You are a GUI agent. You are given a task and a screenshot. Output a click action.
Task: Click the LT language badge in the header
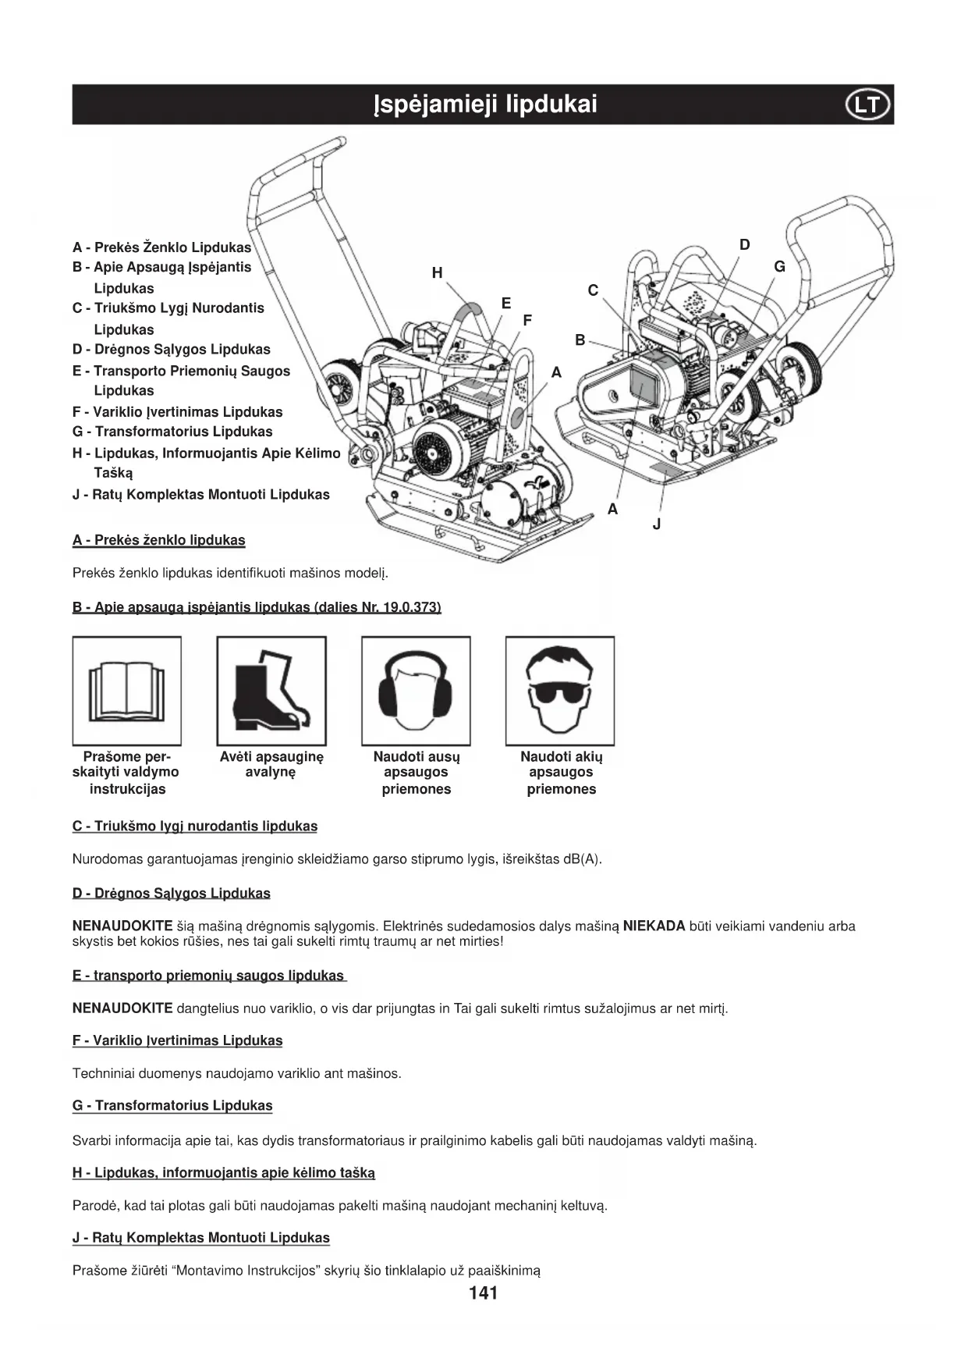(x=867, y=105)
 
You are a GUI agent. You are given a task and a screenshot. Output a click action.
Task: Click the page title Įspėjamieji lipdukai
(x=484, y=105)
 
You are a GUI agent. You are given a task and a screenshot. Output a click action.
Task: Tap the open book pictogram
(x=127, y=691)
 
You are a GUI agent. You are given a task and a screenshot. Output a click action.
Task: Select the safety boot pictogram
(x=271, y=691)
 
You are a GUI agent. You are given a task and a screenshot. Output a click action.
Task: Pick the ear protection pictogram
(x=416, y=691)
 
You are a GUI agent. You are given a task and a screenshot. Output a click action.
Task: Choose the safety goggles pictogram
(x=560, y=691)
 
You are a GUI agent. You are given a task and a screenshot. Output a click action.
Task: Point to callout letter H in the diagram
(x=437, y=272)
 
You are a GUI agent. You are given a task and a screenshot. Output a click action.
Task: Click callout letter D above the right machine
(x=745, y=245)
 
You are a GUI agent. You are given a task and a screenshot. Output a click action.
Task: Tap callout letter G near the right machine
(x=779, y=267)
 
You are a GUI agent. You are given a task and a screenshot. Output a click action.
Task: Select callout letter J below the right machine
(x=657, y=524)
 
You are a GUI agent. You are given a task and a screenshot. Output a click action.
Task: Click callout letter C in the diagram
(x=593, y=290)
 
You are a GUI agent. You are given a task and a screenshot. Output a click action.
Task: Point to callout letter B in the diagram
(x=580, y=340)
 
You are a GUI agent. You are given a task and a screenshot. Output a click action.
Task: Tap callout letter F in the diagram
(x=527, y=320)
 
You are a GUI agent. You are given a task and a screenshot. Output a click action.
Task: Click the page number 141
(x=484, y=1293)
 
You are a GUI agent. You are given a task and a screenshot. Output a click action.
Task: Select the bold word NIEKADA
(x=654, y=926)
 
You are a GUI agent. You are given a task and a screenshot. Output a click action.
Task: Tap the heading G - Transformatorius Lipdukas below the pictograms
(x=172, y=1106)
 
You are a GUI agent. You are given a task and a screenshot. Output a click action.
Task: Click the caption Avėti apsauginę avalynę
(x=271, y=764)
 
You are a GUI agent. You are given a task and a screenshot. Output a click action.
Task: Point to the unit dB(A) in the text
(x=581, y=859)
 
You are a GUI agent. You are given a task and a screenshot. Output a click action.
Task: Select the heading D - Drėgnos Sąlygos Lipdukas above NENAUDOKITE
(x=172, y=894)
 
